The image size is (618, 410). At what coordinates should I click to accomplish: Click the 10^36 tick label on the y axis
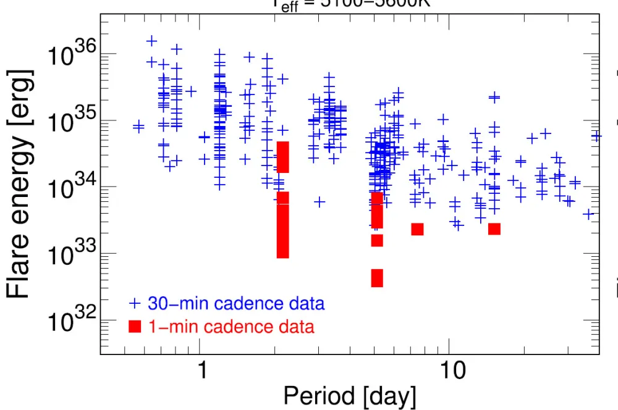tap(70, 57)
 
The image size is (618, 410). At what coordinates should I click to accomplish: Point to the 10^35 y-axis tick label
tap(70, 123)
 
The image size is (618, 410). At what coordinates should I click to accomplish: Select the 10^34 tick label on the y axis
tap(70, 190)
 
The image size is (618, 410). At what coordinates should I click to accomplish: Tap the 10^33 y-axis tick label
tap(70, 256)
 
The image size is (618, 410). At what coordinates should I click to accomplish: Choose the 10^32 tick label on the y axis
tap(70, 322)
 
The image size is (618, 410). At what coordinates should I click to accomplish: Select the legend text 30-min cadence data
tap(236, 304)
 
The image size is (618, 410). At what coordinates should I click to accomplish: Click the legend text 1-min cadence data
tap(231, 326)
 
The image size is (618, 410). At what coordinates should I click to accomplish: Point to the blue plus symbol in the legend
tap(135, 304)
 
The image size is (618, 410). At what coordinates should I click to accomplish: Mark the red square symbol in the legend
tap(135, 327)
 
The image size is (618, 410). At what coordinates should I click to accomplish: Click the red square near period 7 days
tap(417, 229)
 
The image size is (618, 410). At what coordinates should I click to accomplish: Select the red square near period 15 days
tap(494, 228)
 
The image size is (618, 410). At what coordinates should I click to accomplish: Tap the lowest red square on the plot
tap(377, 278)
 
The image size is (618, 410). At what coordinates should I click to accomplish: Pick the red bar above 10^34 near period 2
tap(282, 157)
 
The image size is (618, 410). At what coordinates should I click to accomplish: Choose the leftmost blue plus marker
tap(138, 127)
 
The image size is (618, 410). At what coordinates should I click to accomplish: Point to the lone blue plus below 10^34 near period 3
tap(320, 201)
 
